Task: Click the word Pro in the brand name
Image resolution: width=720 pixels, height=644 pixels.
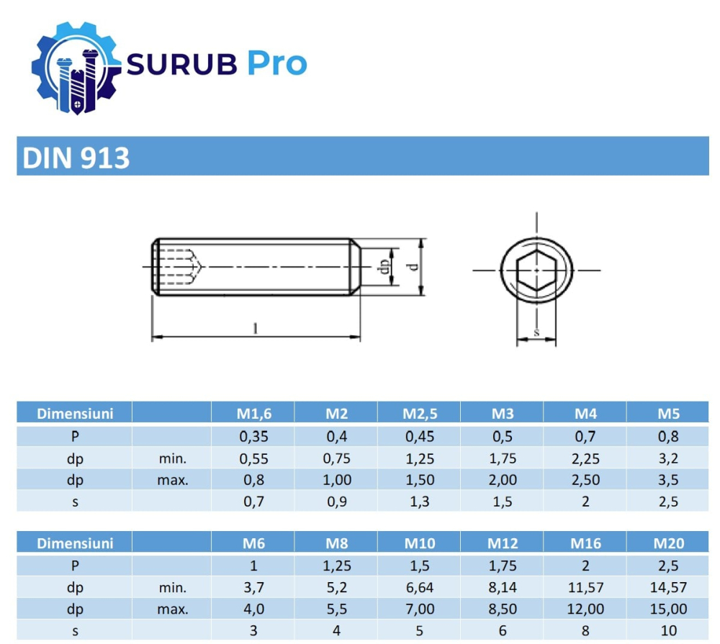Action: [276, 64]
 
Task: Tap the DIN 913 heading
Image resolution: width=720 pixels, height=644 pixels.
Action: [76, 158]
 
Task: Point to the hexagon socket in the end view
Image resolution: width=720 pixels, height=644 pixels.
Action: [537, 270]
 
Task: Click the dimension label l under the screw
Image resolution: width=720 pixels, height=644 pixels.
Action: [254, 329]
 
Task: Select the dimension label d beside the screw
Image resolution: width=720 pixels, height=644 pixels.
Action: [412, 266]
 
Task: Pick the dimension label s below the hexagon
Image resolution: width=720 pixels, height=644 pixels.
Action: [537, 333]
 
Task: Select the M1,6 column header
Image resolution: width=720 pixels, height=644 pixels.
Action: [253, 414]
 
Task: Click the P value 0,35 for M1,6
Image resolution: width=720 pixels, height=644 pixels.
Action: [253, 436]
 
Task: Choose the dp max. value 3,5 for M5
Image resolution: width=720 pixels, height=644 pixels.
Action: [668, 480]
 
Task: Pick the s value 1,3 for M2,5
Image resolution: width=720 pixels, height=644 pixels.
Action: [419, 502]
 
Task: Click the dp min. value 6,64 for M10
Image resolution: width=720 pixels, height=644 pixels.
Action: [419, 587]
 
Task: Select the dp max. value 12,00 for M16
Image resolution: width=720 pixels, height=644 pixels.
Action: [585, 609]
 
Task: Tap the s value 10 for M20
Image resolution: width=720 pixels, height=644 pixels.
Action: [668, 631]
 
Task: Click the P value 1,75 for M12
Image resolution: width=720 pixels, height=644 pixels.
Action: [502, 566]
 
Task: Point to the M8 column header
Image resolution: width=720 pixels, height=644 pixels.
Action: [336, 543]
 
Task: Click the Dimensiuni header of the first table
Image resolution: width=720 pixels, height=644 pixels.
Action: [75, 414]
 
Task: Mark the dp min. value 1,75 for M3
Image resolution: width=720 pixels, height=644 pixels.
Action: [502, 458]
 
